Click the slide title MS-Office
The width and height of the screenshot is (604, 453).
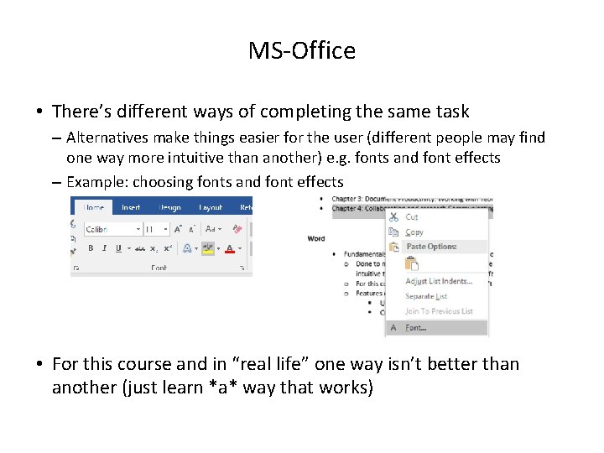302,51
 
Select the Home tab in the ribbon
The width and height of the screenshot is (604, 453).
94,207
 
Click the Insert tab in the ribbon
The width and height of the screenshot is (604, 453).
131,207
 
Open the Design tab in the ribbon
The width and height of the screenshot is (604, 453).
170,207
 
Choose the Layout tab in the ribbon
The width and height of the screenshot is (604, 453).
211,207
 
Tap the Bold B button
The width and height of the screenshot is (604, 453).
91,248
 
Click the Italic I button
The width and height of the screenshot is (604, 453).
104,248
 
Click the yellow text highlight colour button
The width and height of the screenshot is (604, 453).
207,248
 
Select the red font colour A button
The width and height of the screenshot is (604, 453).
229,248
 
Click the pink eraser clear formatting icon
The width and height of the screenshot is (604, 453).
237,228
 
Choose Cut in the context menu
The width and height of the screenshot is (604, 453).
412,216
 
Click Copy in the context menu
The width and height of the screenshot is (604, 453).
414,232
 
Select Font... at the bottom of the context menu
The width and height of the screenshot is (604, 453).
416,328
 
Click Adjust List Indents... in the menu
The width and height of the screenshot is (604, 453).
438,281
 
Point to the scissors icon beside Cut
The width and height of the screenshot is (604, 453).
394,216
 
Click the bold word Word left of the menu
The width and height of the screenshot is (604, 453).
316,238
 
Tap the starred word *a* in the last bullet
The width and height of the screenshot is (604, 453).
253,388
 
